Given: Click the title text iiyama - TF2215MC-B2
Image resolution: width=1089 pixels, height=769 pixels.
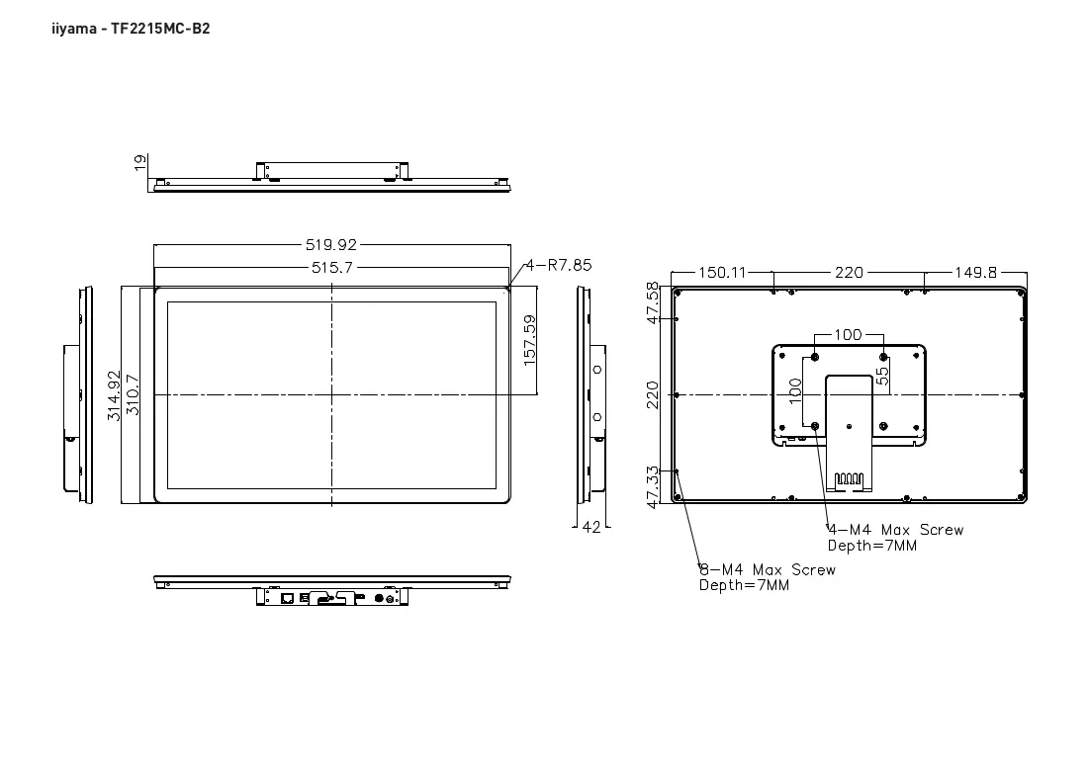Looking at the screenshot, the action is [x=131, y=29].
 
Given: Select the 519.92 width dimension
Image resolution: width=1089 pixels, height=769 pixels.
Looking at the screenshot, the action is [x=331, y=245].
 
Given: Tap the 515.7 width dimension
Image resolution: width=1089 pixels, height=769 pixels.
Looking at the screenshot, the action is [x=332, y=267].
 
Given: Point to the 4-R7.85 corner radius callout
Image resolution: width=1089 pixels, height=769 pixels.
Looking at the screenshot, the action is [x=559, y=265].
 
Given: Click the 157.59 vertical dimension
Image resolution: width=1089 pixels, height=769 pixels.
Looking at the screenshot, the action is [x=530, y=340].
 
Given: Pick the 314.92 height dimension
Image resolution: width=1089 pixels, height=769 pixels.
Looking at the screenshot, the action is [x=114, y=395].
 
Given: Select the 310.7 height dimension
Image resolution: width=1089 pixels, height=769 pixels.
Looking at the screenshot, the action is [x=133, y=395].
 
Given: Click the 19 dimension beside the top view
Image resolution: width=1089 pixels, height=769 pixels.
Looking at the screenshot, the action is [x=140, y=162].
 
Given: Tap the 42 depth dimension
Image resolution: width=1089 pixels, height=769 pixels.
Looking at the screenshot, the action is [x=591, y=528].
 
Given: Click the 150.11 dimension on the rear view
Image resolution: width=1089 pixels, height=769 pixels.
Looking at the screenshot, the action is [x=722, y=273].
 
